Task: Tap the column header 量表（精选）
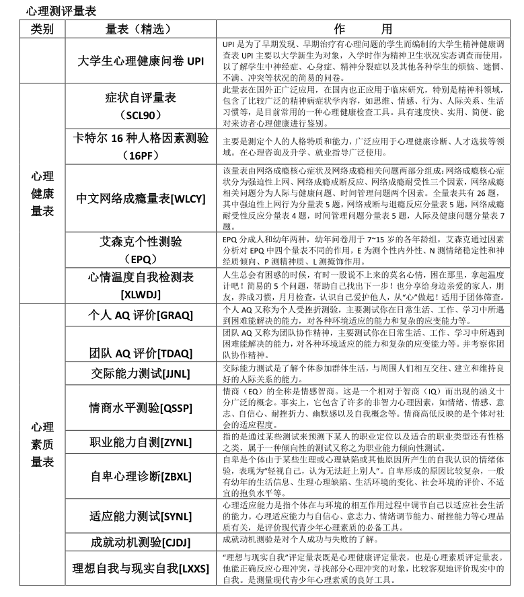click(x=139, y=29)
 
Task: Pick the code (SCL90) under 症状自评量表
click(x=141, y=115)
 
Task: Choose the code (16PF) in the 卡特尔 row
click(x=141, y=155)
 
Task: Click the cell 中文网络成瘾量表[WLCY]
click(x=141, y=199)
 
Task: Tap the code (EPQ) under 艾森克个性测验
click(x=141, y=258)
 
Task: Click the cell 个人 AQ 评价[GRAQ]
click(x=141, y=314)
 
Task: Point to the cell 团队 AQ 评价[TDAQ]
click(x=141, y=353)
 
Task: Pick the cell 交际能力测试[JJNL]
click(x=141, y=374)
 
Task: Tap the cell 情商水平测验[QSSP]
click(x=141, y=409)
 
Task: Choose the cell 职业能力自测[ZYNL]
click(x=141, y=442)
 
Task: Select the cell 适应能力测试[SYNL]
click(x=141, y=516)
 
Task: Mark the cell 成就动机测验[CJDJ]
click(x=141, y=542)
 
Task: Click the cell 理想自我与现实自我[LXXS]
click(x=141, y=569)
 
